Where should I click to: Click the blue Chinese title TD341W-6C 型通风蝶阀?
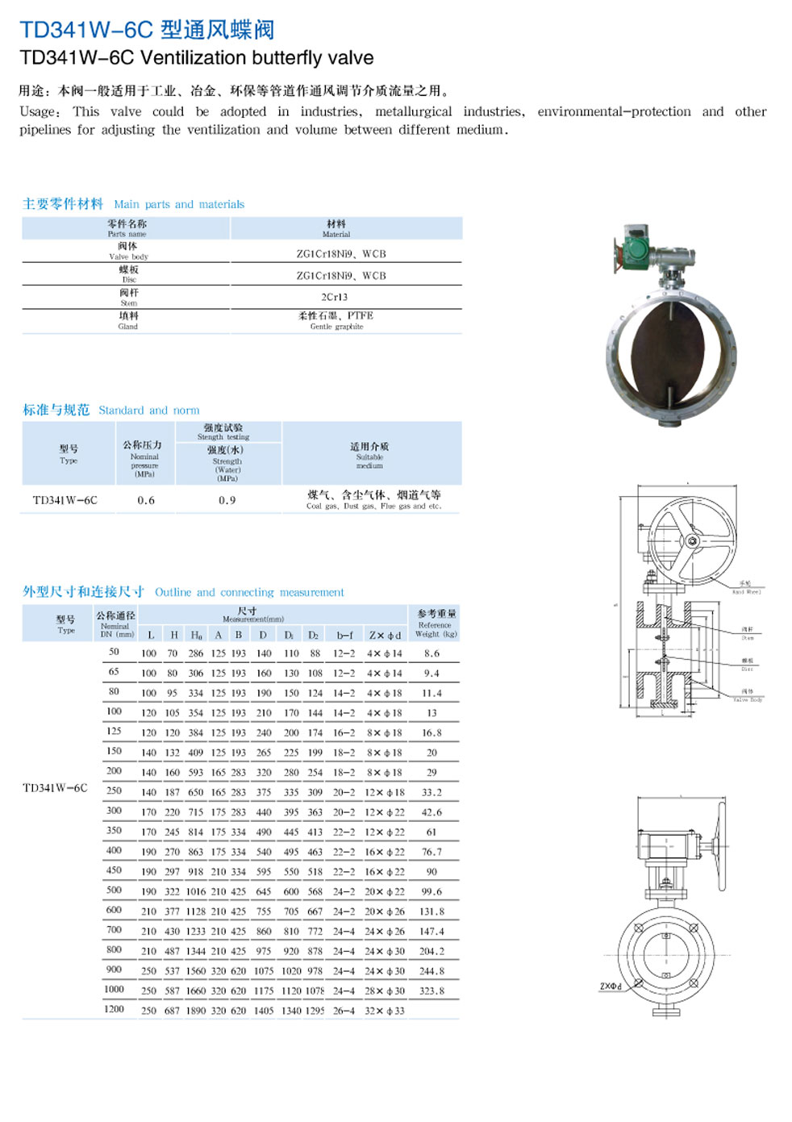pyautogui.click(x=147, y=30)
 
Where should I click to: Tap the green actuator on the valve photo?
pyautogui.click(x=635, y=248)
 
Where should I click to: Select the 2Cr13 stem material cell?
pyautogui.click(x=335, y=297)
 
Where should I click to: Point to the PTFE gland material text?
pyautogui.click(x=360, y=315)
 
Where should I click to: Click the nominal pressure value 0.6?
pyautogui.click(x=146, y=500)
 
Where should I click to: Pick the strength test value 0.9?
pyautogui.click(x=227, y=500)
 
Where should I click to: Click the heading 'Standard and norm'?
pyautogui.click(x=148, y=410)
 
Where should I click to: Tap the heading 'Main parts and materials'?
pyautogui.click(x=179, y=204)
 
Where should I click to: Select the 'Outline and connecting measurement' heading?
pyautogui.click(x=249, y=592)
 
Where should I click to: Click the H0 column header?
pyautogui.click(x=196, y=635)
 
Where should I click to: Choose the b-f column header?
pyautogui.click(x=344, y=635)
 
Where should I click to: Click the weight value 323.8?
pyautogui.click(x=431, y=991)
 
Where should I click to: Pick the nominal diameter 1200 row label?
pyautogui.click(x=114, y=1009)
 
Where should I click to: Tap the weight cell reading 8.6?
pyautogui.click(x=431, y=653)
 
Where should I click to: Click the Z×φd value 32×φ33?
pyautogui.click(x=385, y=1011)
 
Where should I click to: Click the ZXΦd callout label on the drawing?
pyautogui.click(x=611, y=986)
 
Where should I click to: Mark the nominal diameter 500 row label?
pyautogui.click(x=114, y=890)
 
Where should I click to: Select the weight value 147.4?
pyautogui.click(x=431, y=931)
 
